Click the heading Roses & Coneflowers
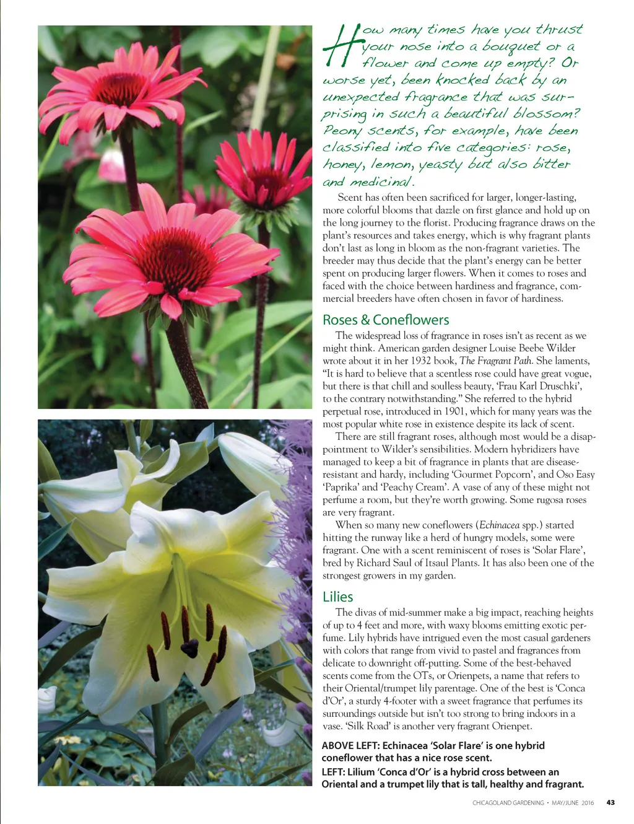pyautogui.click(x=386, y=320)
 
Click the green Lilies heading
pyautogui.click(x=337, y=597)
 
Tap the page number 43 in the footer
pyautogui.click(x=610, y=802)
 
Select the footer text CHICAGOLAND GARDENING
pyautogui.click(x=508, y=802)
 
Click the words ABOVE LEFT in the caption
pyautogui.click(x=350, y=745)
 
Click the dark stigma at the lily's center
pyautogui.click(x=189, y=648)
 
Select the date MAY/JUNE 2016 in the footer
pyautogui.click(x=573, y=802)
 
